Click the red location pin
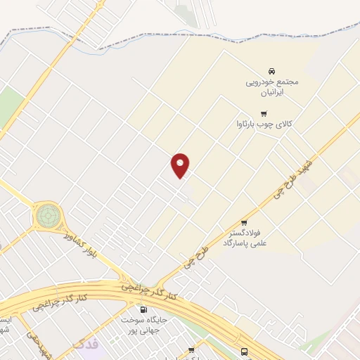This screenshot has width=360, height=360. pos(181,165)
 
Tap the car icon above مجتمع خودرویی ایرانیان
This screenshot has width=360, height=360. pos(271,70)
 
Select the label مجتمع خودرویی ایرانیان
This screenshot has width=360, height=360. pos(272,86)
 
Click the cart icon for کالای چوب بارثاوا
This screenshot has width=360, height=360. pos(264,114)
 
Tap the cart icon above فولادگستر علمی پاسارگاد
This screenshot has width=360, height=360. pos(245,223)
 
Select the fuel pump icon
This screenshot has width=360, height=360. pos(144,309)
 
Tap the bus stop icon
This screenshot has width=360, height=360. pos(243,352)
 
